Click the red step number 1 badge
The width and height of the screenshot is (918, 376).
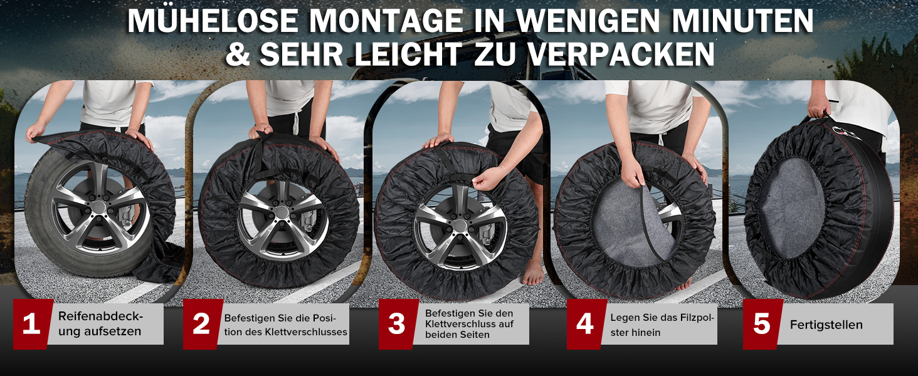click(x=32, y=324)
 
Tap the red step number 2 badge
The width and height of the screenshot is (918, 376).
click(x=202, y=324)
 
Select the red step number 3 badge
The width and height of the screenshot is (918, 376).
click(x=398, y=324)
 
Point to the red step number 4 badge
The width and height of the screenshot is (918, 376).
click(x=586, y=324)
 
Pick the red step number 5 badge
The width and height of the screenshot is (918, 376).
click(x=762, y=324)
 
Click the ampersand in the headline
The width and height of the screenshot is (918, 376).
click(x=238, y=54)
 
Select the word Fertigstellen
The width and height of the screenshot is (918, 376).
click(x=826, y=325)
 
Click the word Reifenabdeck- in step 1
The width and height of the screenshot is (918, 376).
click(x=101, y=316)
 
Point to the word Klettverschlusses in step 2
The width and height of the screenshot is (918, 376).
click(x=306, y=332)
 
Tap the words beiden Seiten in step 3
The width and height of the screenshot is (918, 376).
click(x=457, y=335)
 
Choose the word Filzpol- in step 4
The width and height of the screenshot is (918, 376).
click(x=697, y=318)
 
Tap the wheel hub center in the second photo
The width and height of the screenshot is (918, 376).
click(x=282, y=212)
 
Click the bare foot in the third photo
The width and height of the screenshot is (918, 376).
click(x=532, y=274)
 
